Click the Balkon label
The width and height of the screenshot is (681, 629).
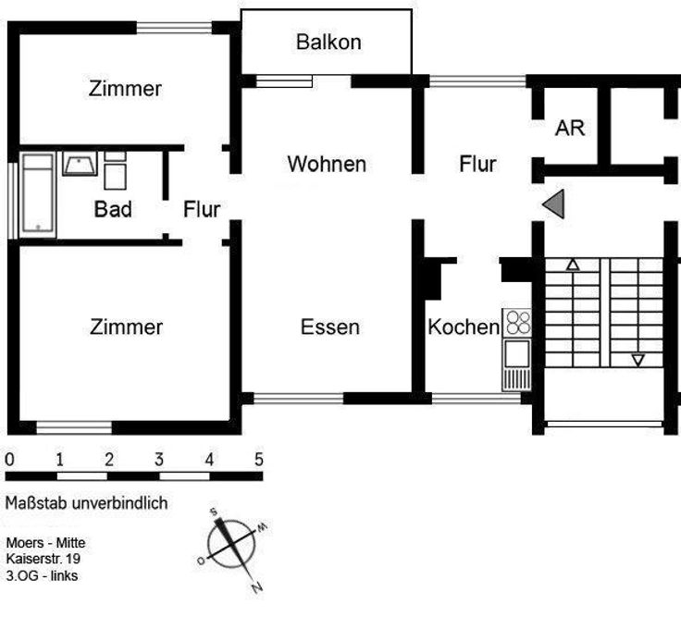click(328, 42)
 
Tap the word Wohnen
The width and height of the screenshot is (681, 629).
click(327, 165)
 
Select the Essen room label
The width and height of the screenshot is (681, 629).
click(329, 327)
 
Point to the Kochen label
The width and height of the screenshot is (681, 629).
click(463, 327)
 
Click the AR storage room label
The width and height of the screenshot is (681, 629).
click(570, 129)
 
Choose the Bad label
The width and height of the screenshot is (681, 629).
click(113, 209)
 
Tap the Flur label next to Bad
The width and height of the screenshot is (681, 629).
click(201, 209)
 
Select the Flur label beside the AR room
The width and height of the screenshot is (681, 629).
click(477, 165)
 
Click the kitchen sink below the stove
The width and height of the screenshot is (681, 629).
click(515, 351)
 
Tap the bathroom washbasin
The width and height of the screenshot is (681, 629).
click(80, 165)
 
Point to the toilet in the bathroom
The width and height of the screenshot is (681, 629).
click(115, 172)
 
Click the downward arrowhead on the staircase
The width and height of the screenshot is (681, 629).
click(638, 360)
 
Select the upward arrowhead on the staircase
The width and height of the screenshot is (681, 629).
click(572, 265)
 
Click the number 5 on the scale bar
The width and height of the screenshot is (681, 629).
click(259, 459)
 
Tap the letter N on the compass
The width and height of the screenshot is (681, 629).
click(256, 587)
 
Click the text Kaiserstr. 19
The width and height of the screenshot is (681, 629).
click(43, 560)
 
